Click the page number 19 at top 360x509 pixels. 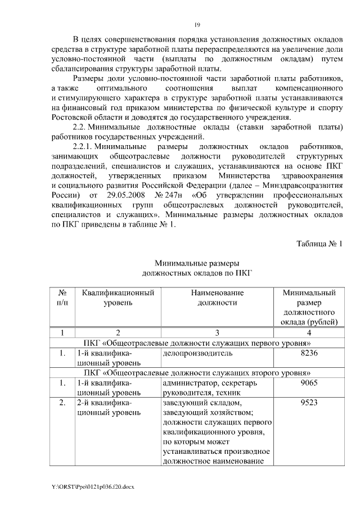coord(197,25)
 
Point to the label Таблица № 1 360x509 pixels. coord(319,243)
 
